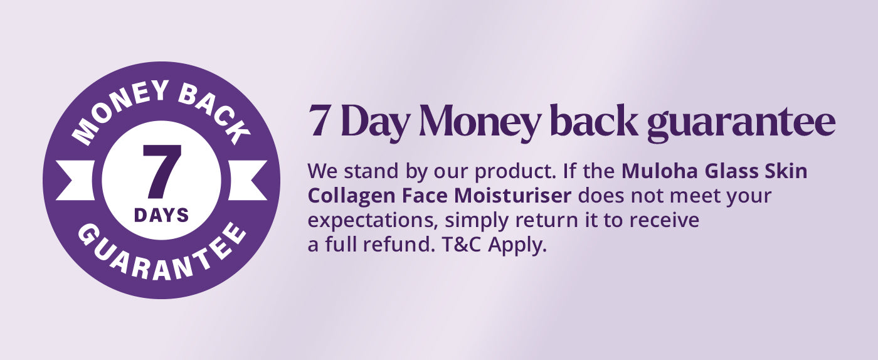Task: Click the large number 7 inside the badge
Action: click(162, 171)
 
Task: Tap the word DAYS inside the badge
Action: click(162, 216)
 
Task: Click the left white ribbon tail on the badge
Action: click(75, 181)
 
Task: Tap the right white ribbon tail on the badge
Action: click(248, 181)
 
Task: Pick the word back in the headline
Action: click(595, 120)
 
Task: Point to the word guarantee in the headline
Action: click(741, 124)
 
